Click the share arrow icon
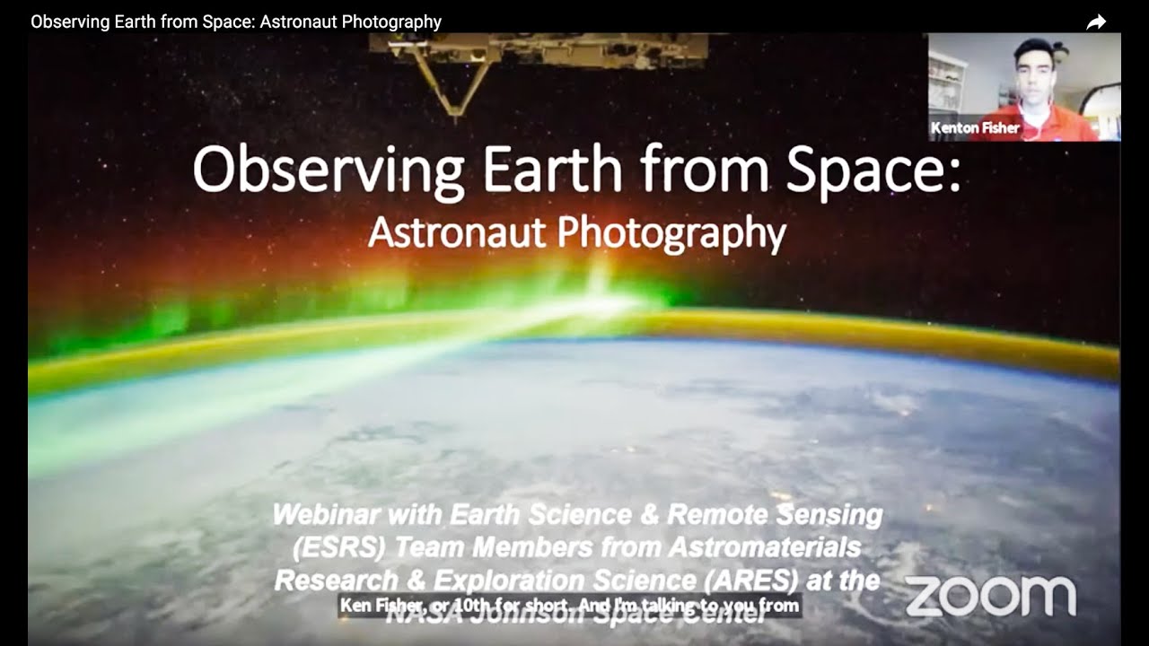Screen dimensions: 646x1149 click(x=1096, y=22)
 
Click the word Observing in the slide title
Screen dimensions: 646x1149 click(x=328, y=170)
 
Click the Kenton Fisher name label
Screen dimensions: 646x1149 click(x=975, y=128)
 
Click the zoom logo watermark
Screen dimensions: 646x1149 click(x=990, y=597)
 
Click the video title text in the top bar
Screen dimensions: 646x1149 click(x=236, y=22)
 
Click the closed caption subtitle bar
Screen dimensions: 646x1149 click(x=569, y=607)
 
